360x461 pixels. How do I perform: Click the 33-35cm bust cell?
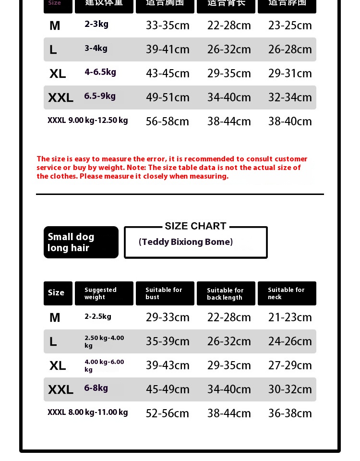click(168, 25)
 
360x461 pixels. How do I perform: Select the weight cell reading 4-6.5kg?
click(100, 72)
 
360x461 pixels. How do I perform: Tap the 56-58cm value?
click(168, 121)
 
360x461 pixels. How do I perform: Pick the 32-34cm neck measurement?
click(290, 97)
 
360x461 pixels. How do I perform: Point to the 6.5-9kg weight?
click(100, 96)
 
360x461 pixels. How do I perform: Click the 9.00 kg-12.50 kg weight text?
click(98, 120)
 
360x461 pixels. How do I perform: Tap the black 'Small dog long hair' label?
click(81, 242)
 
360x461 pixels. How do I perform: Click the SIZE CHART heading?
click(195, 226)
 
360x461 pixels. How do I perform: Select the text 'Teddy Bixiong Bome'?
click(186, 242)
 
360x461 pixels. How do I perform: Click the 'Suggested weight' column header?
click(104, 293)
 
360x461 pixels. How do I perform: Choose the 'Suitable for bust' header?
click(165, 293)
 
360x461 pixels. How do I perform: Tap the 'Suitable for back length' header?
click(226, 293)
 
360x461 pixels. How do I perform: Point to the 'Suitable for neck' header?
click(287, 293)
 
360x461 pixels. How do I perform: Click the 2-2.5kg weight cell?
click(98, 316)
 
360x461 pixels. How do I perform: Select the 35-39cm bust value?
click(168, 341)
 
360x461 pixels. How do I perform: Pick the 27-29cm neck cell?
click(290, 365)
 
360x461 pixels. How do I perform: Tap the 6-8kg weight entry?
click(96, 388)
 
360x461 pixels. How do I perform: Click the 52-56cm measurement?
click(168, 413)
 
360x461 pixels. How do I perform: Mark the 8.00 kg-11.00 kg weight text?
click(98, 412)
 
